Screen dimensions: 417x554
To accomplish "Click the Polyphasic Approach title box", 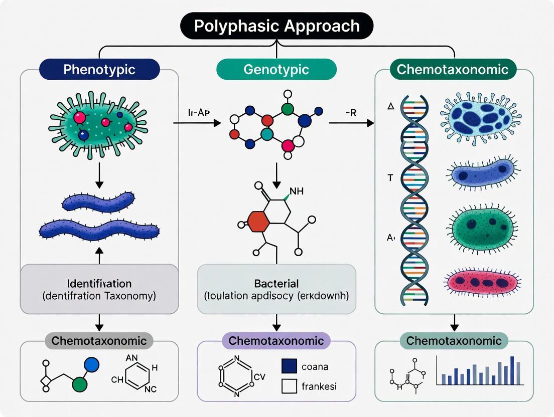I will pyautogui.click(x=277, y=26).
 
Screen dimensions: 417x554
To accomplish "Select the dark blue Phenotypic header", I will pyautogui.click(x=99, y=69).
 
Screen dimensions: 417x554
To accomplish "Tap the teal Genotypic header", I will pyautogui.click(x=276, y=69).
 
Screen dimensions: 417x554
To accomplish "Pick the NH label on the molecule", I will pyautogui.click(x=297, y=191).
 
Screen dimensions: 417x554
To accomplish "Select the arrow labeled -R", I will pyautogui.click(x=351, y=122).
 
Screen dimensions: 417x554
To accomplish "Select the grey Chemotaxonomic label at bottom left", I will pyautogui.click(x=99, y=341).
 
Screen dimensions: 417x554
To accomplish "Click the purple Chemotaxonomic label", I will pyautogui.click(x=276, y=341).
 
